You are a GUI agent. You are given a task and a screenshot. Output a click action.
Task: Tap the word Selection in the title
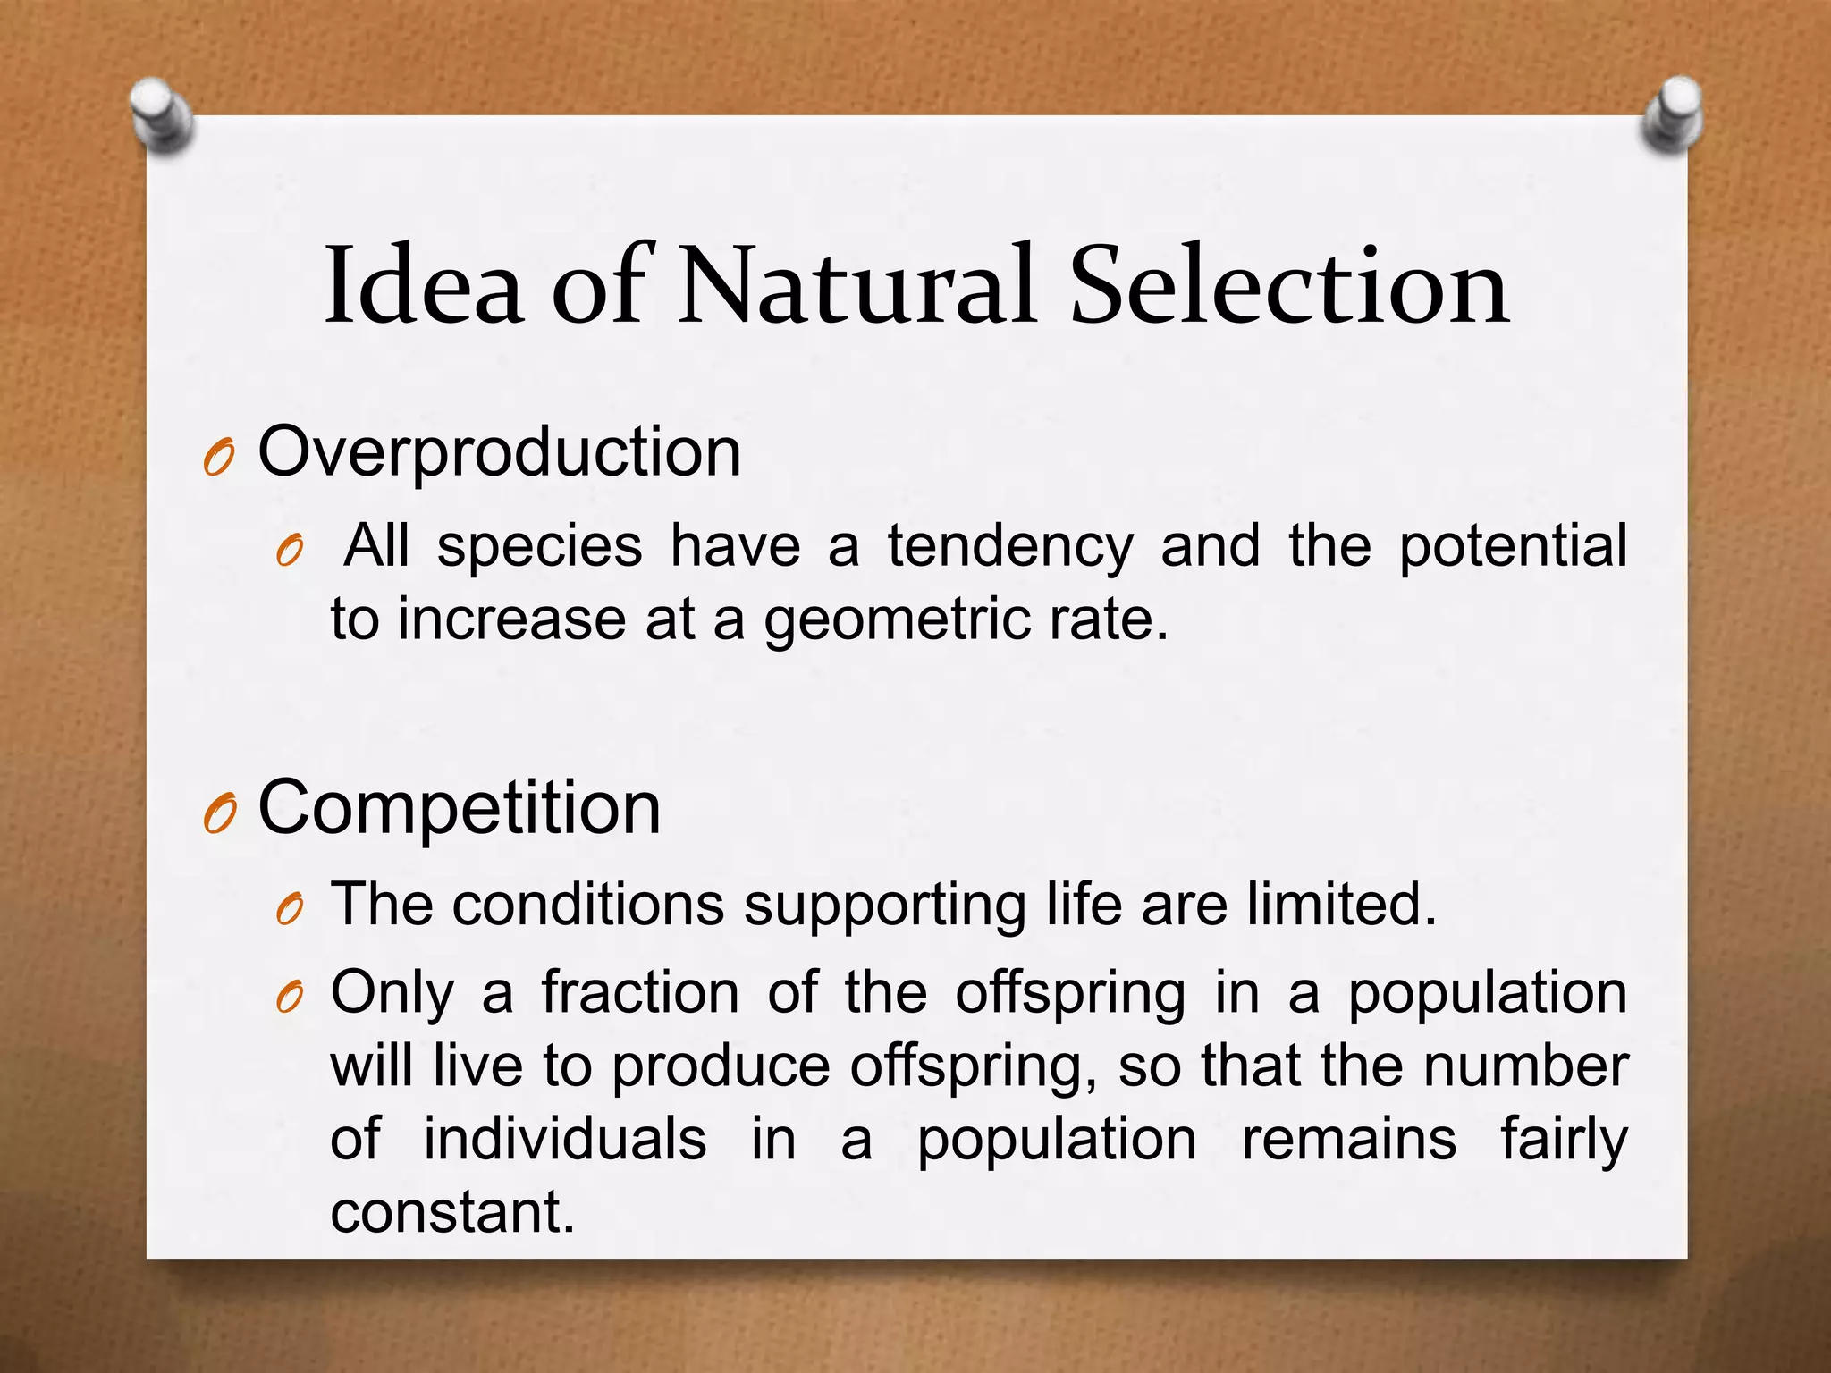(1289, 286)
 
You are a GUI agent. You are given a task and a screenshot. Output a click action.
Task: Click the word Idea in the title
(424, 286)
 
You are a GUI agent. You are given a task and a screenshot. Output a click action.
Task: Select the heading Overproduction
(499, 452)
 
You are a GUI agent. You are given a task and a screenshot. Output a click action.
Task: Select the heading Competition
(459, 808)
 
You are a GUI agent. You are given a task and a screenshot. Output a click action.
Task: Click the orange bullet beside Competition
(218, 814)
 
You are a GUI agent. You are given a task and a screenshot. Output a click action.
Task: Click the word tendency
(1010, 546)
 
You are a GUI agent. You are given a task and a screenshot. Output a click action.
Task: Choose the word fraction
(640, 993)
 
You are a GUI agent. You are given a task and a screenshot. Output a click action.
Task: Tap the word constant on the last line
(452, 1213)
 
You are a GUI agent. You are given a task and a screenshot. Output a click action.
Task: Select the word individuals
(564, 1140)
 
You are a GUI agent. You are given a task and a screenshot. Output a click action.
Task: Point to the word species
(539, 548)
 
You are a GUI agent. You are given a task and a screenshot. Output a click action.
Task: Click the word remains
(1348, 1140)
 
